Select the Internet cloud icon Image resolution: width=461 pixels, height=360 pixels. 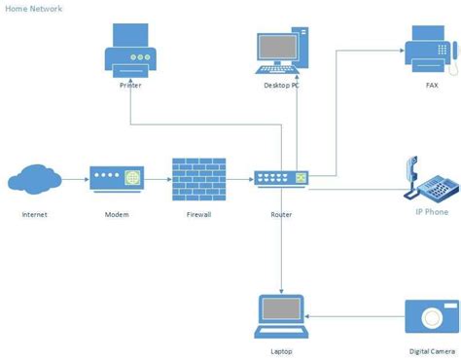click(34, 180)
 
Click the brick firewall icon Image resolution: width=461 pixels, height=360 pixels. click(198, 179)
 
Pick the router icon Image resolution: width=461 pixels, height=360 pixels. click(281, 179)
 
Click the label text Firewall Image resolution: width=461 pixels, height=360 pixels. click(198, 214)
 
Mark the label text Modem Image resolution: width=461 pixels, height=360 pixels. click(117, 214)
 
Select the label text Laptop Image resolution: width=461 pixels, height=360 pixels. click(280, 352)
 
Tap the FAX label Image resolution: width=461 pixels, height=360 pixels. click(432, 85)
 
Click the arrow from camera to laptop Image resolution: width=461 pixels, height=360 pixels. click(355, 317)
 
